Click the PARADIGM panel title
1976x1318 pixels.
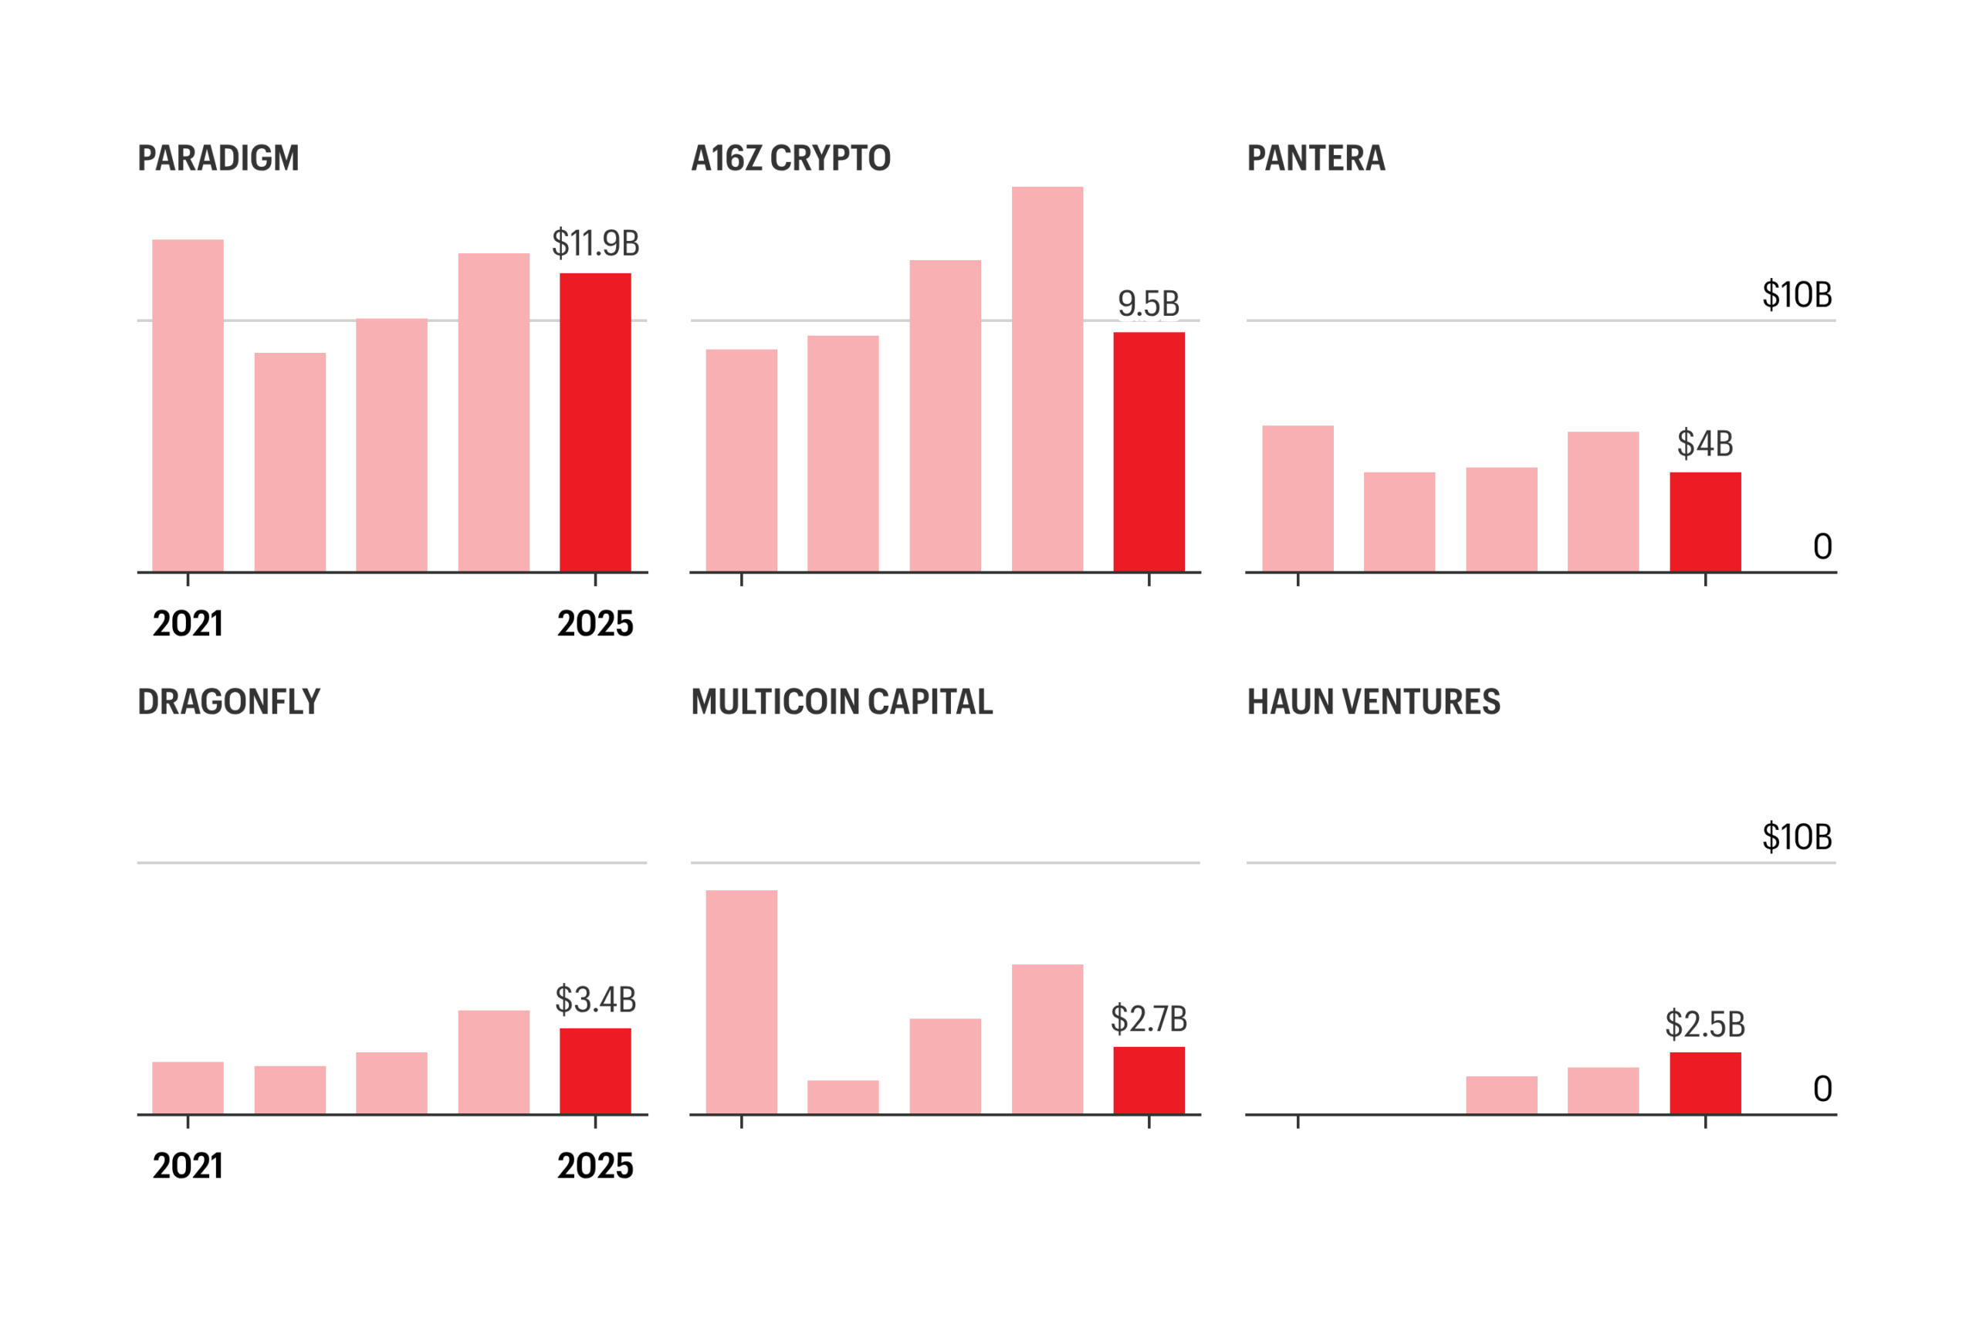218,158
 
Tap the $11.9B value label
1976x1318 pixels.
595,243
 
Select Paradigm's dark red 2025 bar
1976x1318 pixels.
595,422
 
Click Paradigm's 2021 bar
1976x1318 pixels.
188,405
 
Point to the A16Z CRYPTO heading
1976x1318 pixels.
790,158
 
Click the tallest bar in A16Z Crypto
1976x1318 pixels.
1047,379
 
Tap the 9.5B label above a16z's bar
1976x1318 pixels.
1148,303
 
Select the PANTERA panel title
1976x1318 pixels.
1315,158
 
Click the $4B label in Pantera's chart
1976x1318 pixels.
1704,443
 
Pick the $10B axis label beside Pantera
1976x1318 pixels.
1797,294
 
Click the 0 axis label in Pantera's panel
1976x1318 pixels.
1822,547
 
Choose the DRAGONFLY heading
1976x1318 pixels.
228,701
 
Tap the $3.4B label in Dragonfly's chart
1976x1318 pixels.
595,999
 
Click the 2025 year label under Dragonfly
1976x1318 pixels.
595,1166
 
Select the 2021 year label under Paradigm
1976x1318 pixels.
188,624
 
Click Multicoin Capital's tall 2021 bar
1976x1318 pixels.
741,1002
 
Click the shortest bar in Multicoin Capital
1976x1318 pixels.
843,1097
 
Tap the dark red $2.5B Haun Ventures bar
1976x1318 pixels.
1704,1083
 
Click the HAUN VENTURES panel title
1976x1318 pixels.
1373,701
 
